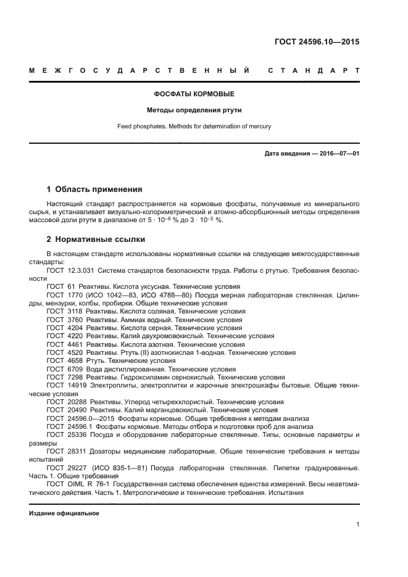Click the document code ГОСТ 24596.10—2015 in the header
pos(317,43)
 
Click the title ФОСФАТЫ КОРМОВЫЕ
pos(194,94)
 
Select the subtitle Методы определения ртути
pos(194,110)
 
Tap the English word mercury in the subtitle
pos(257,127)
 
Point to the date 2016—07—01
pos(337,153)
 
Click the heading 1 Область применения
pos(94,189)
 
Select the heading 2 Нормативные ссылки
pos(96,239)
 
